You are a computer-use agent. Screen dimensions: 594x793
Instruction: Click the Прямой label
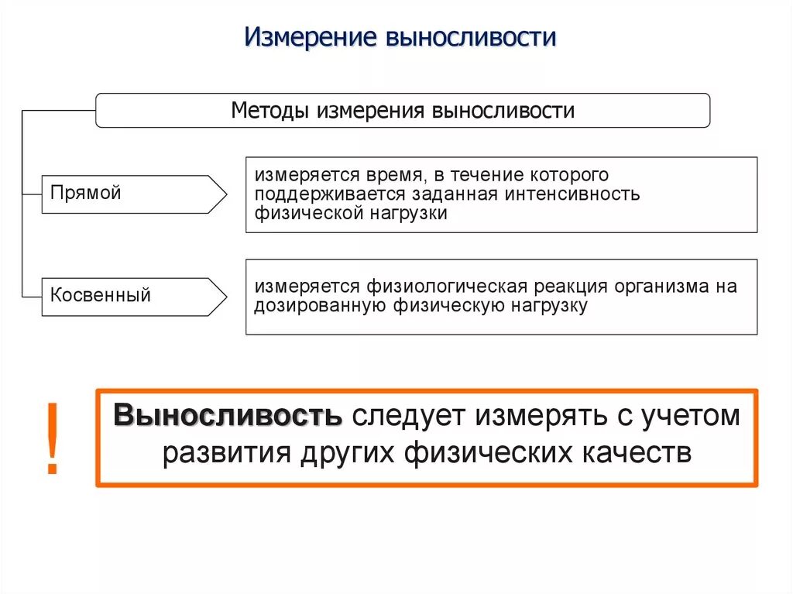(x=86, y=193)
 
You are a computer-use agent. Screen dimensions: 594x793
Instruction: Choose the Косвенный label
(x=101, y=295)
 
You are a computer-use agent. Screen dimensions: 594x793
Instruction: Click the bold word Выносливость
(x=228, y=416)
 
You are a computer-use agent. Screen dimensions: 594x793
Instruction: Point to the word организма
(x=666, y=286)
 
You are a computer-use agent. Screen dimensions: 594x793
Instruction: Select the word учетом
(x=690, y=416)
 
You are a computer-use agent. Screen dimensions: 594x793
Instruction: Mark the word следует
(x=407, y=416)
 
